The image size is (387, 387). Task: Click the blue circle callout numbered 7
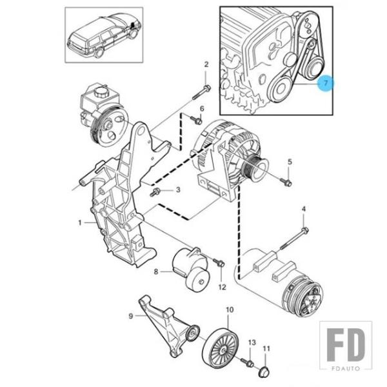[x=326, y=84]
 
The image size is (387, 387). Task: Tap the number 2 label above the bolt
[x=206, y=64]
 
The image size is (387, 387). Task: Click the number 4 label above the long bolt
[x=304, y=208]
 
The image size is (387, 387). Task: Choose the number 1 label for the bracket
[x=80, y=223]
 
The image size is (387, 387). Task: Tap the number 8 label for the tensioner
[x=155, y=272]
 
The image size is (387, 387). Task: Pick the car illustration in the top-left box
[x=104, y=33]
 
